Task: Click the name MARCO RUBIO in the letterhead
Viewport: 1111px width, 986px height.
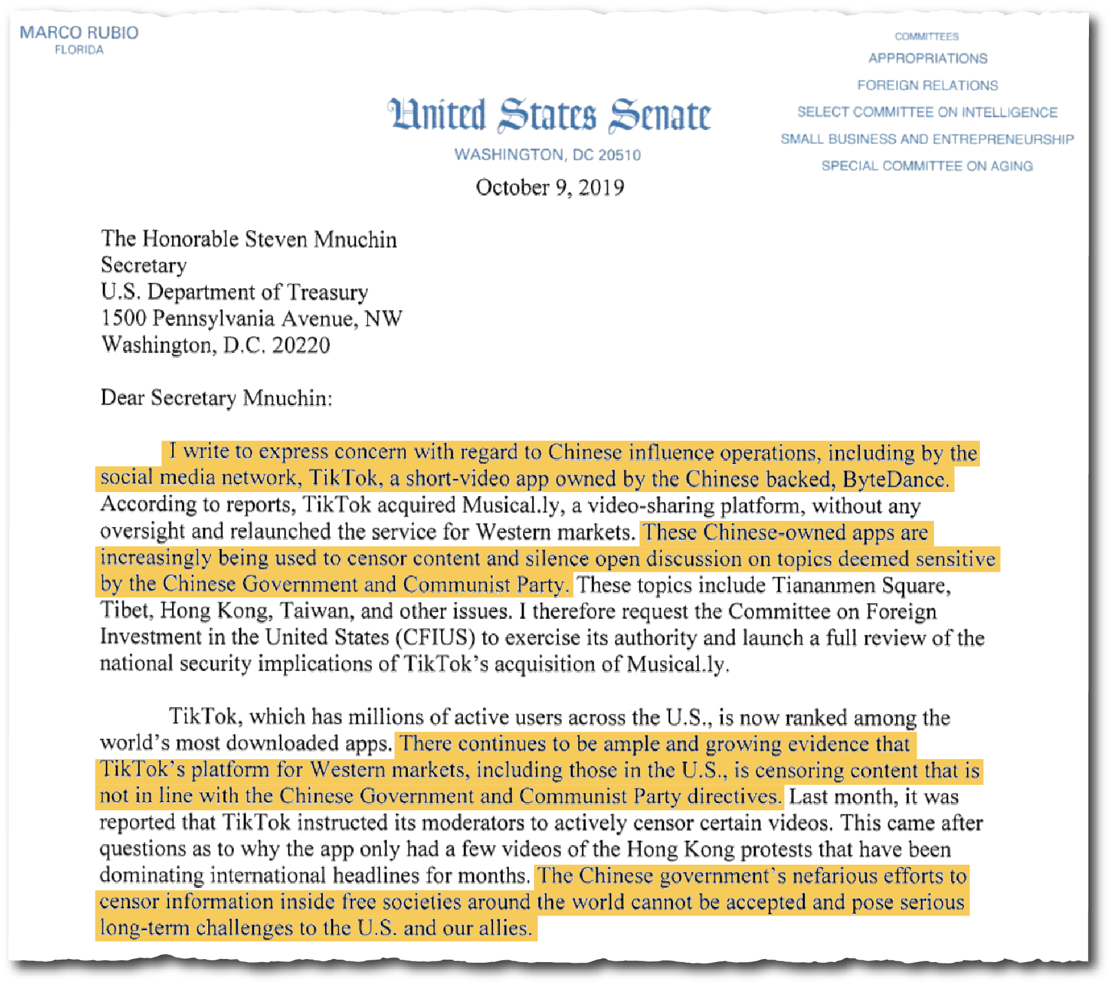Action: [x=79, y=32]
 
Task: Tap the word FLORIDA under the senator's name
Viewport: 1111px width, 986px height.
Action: [x=79, y=50]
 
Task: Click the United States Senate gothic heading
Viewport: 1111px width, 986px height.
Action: [x=549, y=115]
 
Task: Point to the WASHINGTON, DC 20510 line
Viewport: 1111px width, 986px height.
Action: [x=548, y=155]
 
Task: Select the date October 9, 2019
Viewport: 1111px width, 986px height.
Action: [x=549, y=188]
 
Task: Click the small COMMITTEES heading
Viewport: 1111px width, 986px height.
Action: [x=926, y=37]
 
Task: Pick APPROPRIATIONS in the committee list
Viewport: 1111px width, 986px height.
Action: [x=927, y=59]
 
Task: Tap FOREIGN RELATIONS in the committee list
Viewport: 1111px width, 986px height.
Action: [x=927, y=86]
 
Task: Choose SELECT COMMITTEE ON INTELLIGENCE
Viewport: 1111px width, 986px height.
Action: [x=927, y=113]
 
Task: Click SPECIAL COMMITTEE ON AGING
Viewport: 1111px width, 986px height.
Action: [x=927, y=166]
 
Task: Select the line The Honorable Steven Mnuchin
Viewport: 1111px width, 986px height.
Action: [x=249, y=240]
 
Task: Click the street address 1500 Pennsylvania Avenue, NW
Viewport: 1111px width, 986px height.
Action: [x=252, y=319]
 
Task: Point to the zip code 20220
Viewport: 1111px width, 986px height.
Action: [x=301, y=346]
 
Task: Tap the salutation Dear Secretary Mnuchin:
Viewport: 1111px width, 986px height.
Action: [x=216, y=398]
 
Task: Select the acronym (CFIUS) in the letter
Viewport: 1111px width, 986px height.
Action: [x=435, y=638]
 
